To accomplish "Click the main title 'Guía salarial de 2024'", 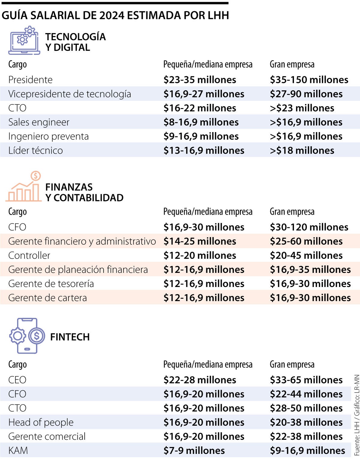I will pyautogui.click(x=115, y=15).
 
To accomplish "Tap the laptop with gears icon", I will pyautogui.click(x=24, y=41).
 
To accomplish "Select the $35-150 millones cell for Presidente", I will pyautogui.click(x=309, y=80).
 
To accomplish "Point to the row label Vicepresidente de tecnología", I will pyautogui.click(x=70, y=94).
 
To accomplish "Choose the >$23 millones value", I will pyautogui.click(x=302, y=108).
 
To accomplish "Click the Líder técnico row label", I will pyautogui.click(x=35, y=150).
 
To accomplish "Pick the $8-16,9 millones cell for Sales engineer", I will pyautogui.click(x=201, y=122).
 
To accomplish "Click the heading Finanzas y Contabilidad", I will pyautogui.click(x=84, y=192).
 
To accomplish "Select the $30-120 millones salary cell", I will pyautogui.click(x=309, y=227).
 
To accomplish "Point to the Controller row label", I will pyautogui.click(x=29, y=255).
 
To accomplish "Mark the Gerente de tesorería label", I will pyautogui.click(x=51, y=284).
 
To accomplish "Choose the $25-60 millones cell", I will pyautogui.click(x=306, y=241).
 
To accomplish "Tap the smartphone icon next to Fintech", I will pyautogui.click(x=27, y=336).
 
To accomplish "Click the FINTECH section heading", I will pyautogui.click(x=70, y=337).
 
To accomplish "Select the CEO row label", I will pyautogui.click(x=17, y=380).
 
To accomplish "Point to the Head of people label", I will pyautogui.click(x=41, y=422).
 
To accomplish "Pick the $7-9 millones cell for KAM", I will pyautogui.click(x=194, y=451).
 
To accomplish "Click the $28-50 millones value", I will pyautogui.click(x=306, y=408).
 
